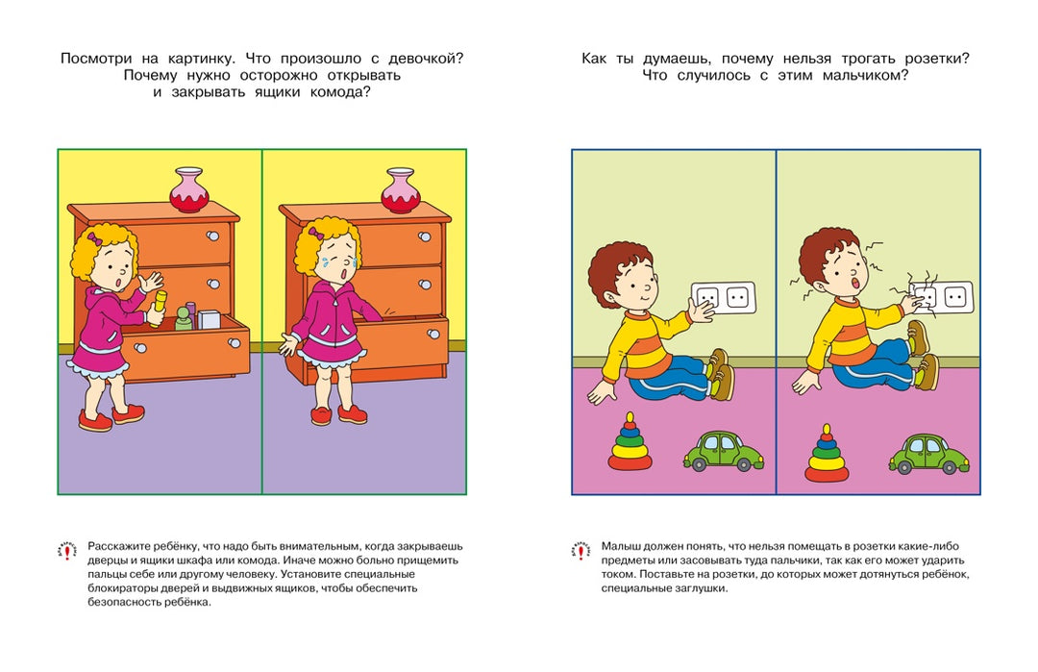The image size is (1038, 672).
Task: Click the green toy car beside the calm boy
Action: click(x=724, y=452)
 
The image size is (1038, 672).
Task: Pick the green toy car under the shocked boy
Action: click(x=928, y=455)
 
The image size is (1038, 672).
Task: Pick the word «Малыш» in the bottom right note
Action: click(x=621, y=545)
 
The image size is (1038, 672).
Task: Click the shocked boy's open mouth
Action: click(x=853, y=285)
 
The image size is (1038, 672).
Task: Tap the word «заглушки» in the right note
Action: click(x=696, y=588)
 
